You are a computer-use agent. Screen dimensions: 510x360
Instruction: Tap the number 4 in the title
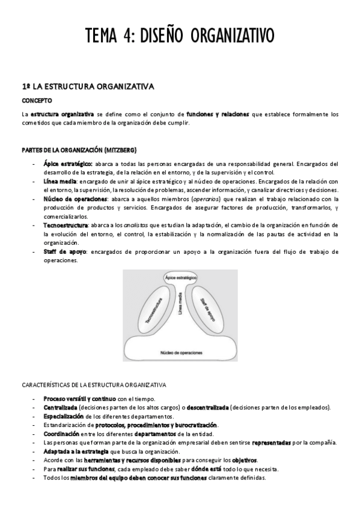[129, 35]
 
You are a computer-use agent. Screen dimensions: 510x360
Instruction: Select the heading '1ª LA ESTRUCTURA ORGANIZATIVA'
[88, 87]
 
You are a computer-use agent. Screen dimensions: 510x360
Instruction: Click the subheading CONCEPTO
[37, 100]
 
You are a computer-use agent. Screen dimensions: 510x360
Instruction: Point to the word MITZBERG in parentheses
[120, 149]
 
